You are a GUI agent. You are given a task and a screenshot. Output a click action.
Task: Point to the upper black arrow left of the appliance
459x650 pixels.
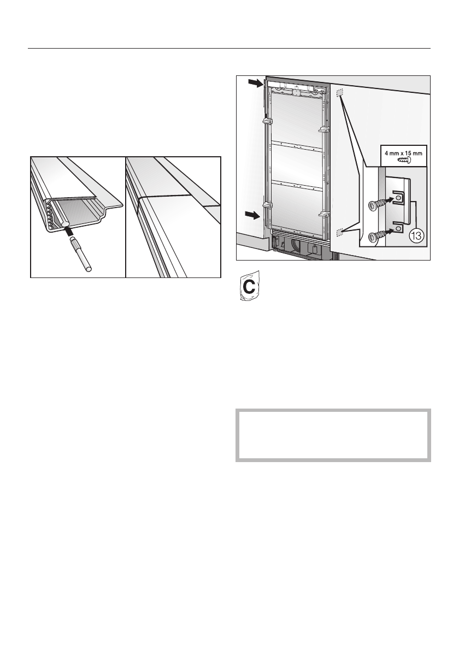click(x=255, y=84)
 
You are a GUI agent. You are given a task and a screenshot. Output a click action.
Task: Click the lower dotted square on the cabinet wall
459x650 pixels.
click(x=339, y=232)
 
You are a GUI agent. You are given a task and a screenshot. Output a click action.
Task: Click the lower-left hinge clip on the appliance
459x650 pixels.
click(x=267, y=205)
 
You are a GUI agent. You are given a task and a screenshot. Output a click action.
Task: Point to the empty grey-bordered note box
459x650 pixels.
click(x=333, y=435)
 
